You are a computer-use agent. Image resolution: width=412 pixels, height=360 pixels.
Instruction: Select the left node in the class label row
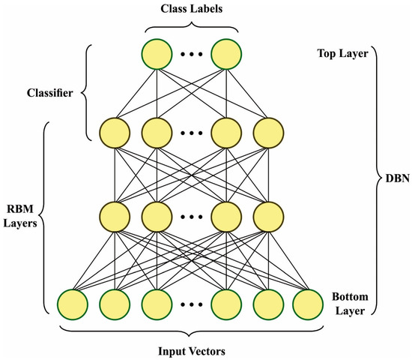click(x=156, y=54)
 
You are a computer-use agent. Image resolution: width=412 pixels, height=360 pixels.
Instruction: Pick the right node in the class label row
click(x=226, y=54)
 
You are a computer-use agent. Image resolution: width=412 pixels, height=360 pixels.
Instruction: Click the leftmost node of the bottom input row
click(x=73, y=303)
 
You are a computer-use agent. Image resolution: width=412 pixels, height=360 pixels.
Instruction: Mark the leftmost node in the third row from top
click(x=114, y=217)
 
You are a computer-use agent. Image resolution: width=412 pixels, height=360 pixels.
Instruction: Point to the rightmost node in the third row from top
click(x=268, y=217)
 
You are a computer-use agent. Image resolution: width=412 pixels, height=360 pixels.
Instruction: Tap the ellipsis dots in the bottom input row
click(x=191, y=304)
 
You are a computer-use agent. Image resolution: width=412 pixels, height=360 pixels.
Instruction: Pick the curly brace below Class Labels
click(x=191, y=27)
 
